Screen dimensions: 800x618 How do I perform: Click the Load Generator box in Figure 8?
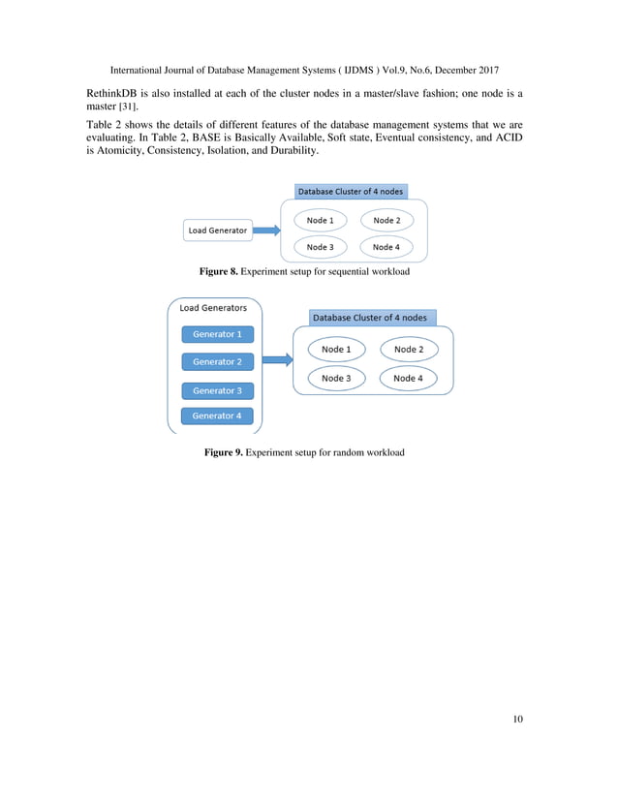[217, 231]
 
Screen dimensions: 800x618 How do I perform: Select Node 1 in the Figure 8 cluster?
[320, 221]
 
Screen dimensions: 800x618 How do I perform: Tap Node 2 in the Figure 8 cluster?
[386, 221]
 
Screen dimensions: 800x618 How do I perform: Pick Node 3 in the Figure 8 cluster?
[320, 247]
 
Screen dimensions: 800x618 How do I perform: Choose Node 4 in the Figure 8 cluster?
[386, 247]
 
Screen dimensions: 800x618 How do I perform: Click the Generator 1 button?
[217, 334]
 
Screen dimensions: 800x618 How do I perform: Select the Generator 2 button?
[217, 361]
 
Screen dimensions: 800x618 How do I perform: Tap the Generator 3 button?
[217, 390]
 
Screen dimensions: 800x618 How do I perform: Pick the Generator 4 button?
[217, 415]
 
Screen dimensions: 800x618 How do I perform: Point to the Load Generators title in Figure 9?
[213, 308]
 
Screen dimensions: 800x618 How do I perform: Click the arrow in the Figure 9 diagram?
[277, 359]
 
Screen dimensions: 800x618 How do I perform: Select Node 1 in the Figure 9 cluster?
[336, 349]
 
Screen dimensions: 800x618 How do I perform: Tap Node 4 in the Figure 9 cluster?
[408, 378]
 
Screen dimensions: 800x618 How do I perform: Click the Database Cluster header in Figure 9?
[369, 318]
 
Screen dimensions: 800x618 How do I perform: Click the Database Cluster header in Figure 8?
[350, 191]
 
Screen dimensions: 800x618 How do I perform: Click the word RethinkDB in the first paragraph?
[104, 93]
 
